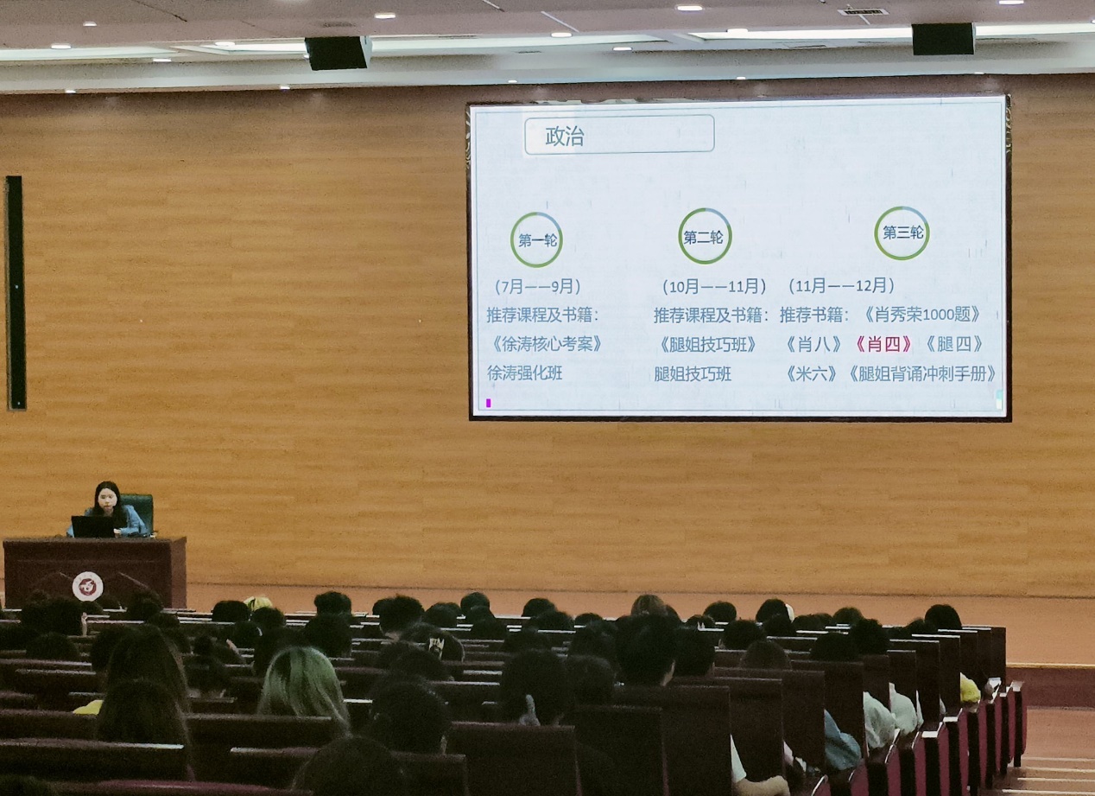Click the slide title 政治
click(x=565, y=136)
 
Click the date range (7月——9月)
click(x=537, y=286)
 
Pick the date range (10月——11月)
click(x=713, y=286)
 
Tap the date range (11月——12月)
click(x=841, y=284)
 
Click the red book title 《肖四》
click(x=883, y=344)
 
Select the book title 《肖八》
click(x=813, y=345)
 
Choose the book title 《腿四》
click(x=954, y=344)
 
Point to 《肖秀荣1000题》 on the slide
click(x=922, y=314)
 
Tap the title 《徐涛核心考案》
click(x=546, y=344)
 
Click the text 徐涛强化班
click(x=524, y=373)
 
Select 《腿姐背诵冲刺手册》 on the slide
click(x=921, y=373)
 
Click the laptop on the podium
click(x=93, y=526)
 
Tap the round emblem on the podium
click(x=87, y=586)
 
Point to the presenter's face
click(x=107, y=501)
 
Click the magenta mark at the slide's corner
click(x=489, y=403)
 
